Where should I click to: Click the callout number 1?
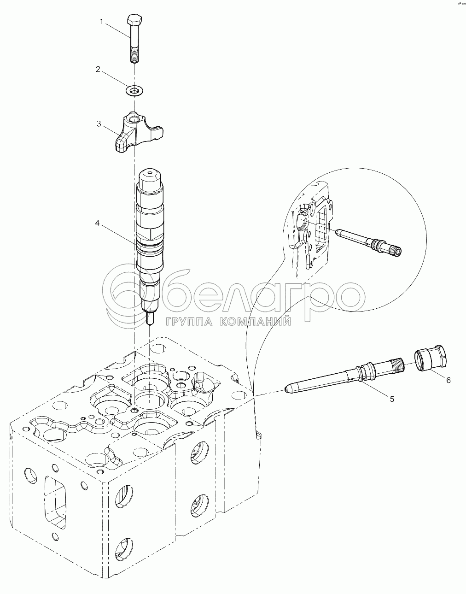pos(101,22)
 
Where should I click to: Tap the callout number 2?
pos(98,70)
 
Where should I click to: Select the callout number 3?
pos(99,124)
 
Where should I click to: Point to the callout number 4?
pos(97,223)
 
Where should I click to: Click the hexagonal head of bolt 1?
pos(134,19)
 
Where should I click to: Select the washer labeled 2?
pos(135,90)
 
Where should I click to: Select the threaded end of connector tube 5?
pos(397,365)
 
